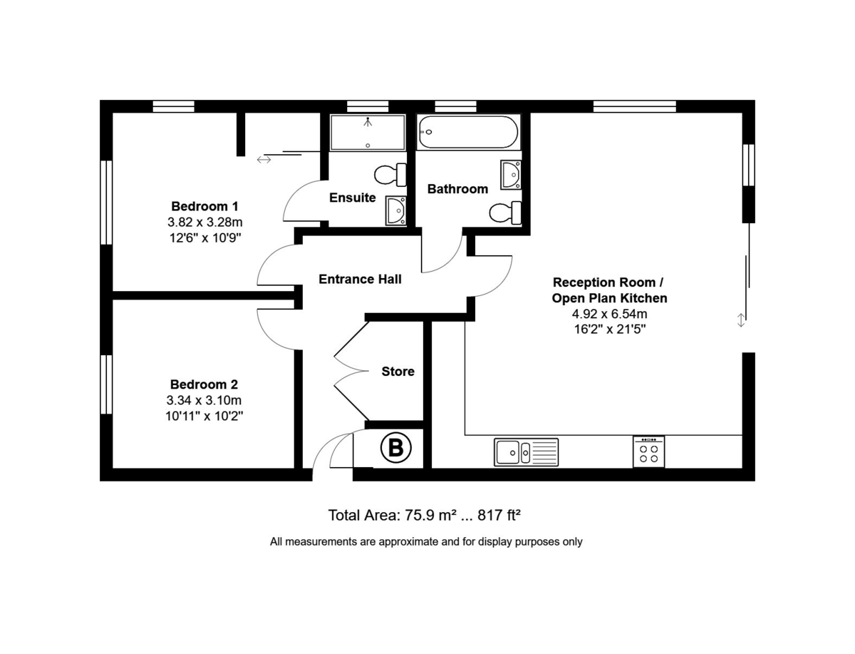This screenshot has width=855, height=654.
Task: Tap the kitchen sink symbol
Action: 526,452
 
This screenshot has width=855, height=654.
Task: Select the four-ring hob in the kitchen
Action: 648,452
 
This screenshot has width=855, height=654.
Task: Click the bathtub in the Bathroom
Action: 467,132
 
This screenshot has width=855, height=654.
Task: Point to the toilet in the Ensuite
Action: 390,175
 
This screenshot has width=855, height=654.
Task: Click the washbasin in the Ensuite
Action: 395,210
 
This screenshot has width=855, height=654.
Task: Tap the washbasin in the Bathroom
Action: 511,175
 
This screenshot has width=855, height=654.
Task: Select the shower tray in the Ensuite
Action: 367,133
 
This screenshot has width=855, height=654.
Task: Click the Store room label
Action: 398,372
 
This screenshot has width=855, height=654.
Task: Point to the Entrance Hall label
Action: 360,279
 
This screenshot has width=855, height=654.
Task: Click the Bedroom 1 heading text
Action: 200,206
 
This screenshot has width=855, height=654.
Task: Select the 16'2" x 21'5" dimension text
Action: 609,329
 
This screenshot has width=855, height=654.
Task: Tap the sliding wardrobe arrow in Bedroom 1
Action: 264,160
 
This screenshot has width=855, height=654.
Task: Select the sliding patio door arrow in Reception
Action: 741,320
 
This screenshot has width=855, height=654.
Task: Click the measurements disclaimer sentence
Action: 426,541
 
